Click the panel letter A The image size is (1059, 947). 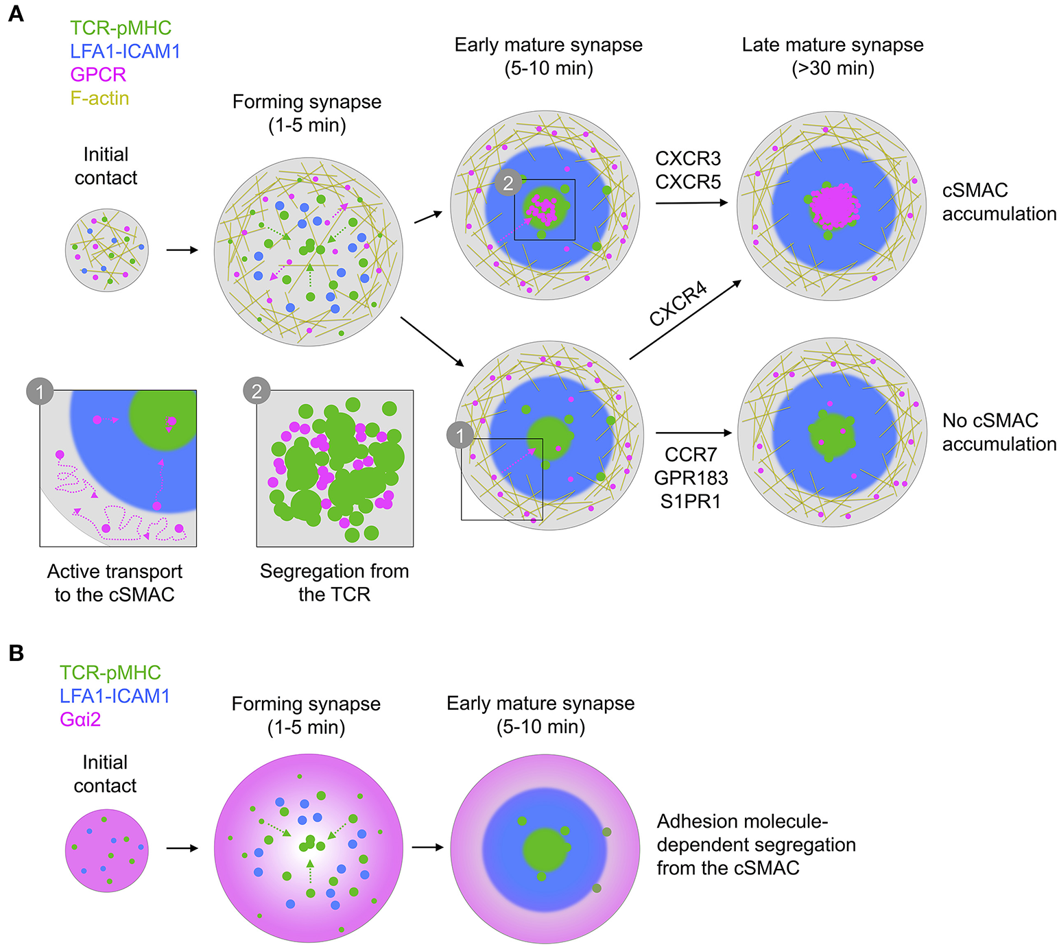tap(15, 14)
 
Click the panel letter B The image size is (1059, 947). tap(15, 654)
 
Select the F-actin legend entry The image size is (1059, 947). tap(99, 98)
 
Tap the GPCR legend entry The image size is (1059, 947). tap(98, 75)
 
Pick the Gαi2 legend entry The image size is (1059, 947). tap(80, 719)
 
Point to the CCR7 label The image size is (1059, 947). tap(691, 455)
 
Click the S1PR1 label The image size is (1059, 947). tap(691, 501)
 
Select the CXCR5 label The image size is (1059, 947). tap(688, 182)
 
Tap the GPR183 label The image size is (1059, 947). tap(691, 478)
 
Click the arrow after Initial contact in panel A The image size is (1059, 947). tap(182, 250)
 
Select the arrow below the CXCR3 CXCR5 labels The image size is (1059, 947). tap(691, 203)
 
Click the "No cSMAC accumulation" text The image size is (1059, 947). tap(999, 432)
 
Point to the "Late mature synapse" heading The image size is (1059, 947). tap(833, 45)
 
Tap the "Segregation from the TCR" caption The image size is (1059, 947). tap(334, 582)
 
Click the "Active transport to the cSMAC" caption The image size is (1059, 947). tap(115, 582)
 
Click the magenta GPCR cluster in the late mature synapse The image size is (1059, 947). tap(833, 206)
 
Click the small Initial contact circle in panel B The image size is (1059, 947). tap(106, 850)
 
